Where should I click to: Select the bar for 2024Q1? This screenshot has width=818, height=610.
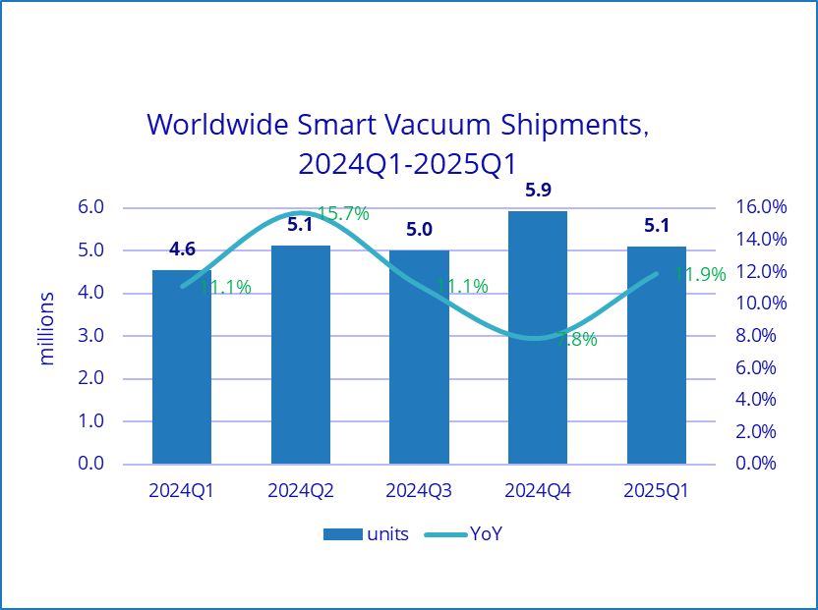[x=182, y=373]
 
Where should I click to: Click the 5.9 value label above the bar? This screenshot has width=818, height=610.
[x=538, y=191]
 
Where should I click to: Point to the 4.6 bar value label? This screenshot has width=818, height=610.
[x=182, y=250]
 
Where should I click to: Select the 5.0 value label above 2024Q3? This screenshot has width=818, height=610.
[x=419, y=230]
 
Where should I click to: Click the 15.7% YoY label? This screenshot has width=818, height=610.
[x=343, y=213]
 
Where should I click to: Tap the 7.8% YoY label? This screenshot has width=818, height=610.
[x=576, y=340]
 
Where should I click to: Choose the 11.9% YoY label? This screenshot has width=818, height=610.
[x=700, y=274]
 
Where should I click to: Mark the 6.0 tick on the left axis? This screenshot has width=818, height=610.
[x=91, y=207]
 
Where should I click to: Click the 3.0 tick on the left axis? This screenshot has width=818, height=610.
[x=91, y=336]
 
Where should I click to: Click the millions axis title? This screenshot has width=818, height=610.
[x=47, y=328]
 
